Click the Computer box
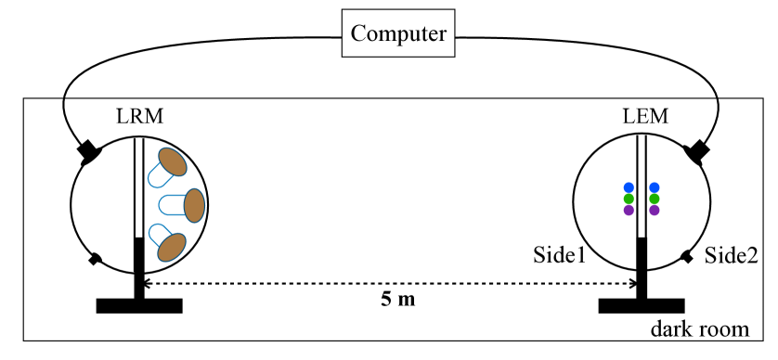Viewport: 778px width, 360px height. [x=399, y=36]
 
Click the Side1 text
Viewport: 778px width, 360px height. [x=559, y=254]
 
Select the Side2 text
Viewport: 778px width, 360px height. [x=730, y=254]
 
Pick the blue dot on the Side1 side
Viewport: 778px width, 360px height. [x=629, y=187]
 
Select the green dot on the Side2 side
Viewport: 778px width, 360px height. [x=655, y=199]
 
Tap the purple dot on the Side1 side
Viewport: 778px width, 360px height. [x=629, y=210]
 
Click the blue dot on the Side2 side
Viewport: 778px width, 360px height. [x=655, y=187]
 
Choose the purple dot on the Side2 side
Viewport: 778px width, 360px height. [x=655, y=210]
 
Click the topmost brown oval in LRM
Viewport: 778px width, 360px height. [x=173, y=162]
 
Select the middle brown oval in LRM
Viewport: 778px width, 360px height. [x=193, y=205]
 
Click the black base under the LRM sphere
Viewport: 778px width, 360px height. [x=139, y=304]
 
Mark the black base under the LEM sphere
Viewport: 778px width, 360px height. [x=642, y=304]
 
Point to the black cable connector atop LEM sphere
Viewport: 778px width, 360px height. [x=696, y=151]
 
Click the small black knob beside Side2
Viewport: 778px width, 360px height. [x=686, y=257]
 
